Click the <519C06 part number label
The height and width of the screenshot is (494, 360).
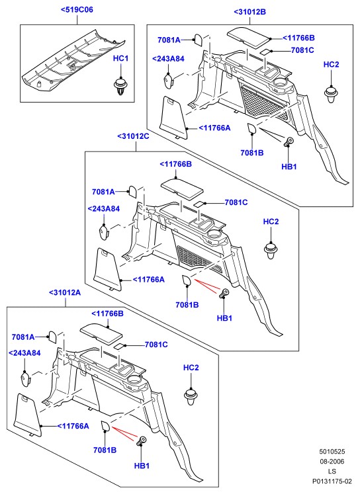pos(77,10)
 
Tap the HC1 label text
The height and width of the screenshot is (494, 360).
pos(120,59)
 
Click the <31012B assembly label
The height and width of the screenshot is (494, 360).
pos(249,12)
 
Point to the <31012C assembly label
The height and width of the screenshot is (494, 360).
pos(133,136)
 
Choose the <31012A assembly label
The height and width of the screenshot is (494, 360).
pos(65,293)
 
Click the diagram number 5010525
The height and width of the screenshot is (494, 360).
pos(332,452)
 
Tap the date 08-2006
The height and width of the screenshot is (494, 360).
pos(332,462)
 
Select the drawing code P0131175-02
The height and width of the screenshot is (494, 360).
pos(332,481)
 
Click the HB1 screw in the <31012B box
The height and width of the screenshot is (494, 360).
pos(288,142)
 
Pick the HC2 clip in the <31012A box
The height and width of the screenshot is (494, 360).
pos(191,397)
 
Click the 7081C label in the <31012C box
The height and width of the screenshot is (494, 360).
pos(236,202)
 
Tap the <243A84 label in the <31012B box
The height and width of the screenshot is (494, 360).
pos(168,59)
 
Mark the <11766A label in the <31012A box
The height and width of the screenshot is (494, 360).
pos(73,427)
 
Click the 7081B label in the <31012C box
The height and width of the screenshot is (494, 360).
pos(187,305)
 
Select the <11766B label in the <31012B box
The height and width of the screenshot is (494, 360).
pos(298,38)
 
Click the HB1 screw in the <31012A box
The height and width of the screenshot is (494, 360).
pos(140,440)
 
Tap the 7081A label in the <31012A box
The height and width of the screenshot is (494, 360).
pos(23,337)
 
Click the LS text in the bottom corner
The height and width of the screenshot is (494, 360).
pos(332,472)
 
